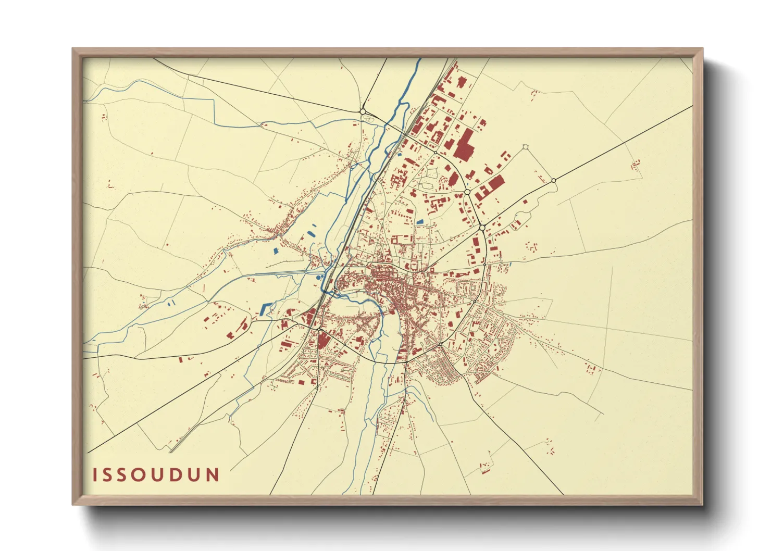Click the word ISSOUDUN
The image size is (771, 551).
click(156, 475)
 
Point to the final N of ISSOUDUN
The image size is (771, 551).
click(213, 475)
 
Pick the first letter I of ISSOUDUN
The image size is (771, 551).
click(95, 475)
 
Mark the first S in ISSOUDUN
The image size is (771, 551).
click(108, 475)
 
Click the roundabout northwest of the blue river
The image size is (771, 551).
click(363, 111)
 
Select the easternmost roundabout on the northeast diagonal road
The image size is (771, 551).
click(553, 181)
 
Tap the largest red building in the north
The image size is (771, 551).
click(463, 144)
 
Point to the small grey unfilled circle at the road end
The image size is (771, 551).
click(525, 147)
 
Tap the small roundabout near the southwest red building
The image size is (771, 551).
click(318, 329)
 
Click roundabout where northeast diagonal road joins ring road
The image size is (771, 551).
click(482, 228)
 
